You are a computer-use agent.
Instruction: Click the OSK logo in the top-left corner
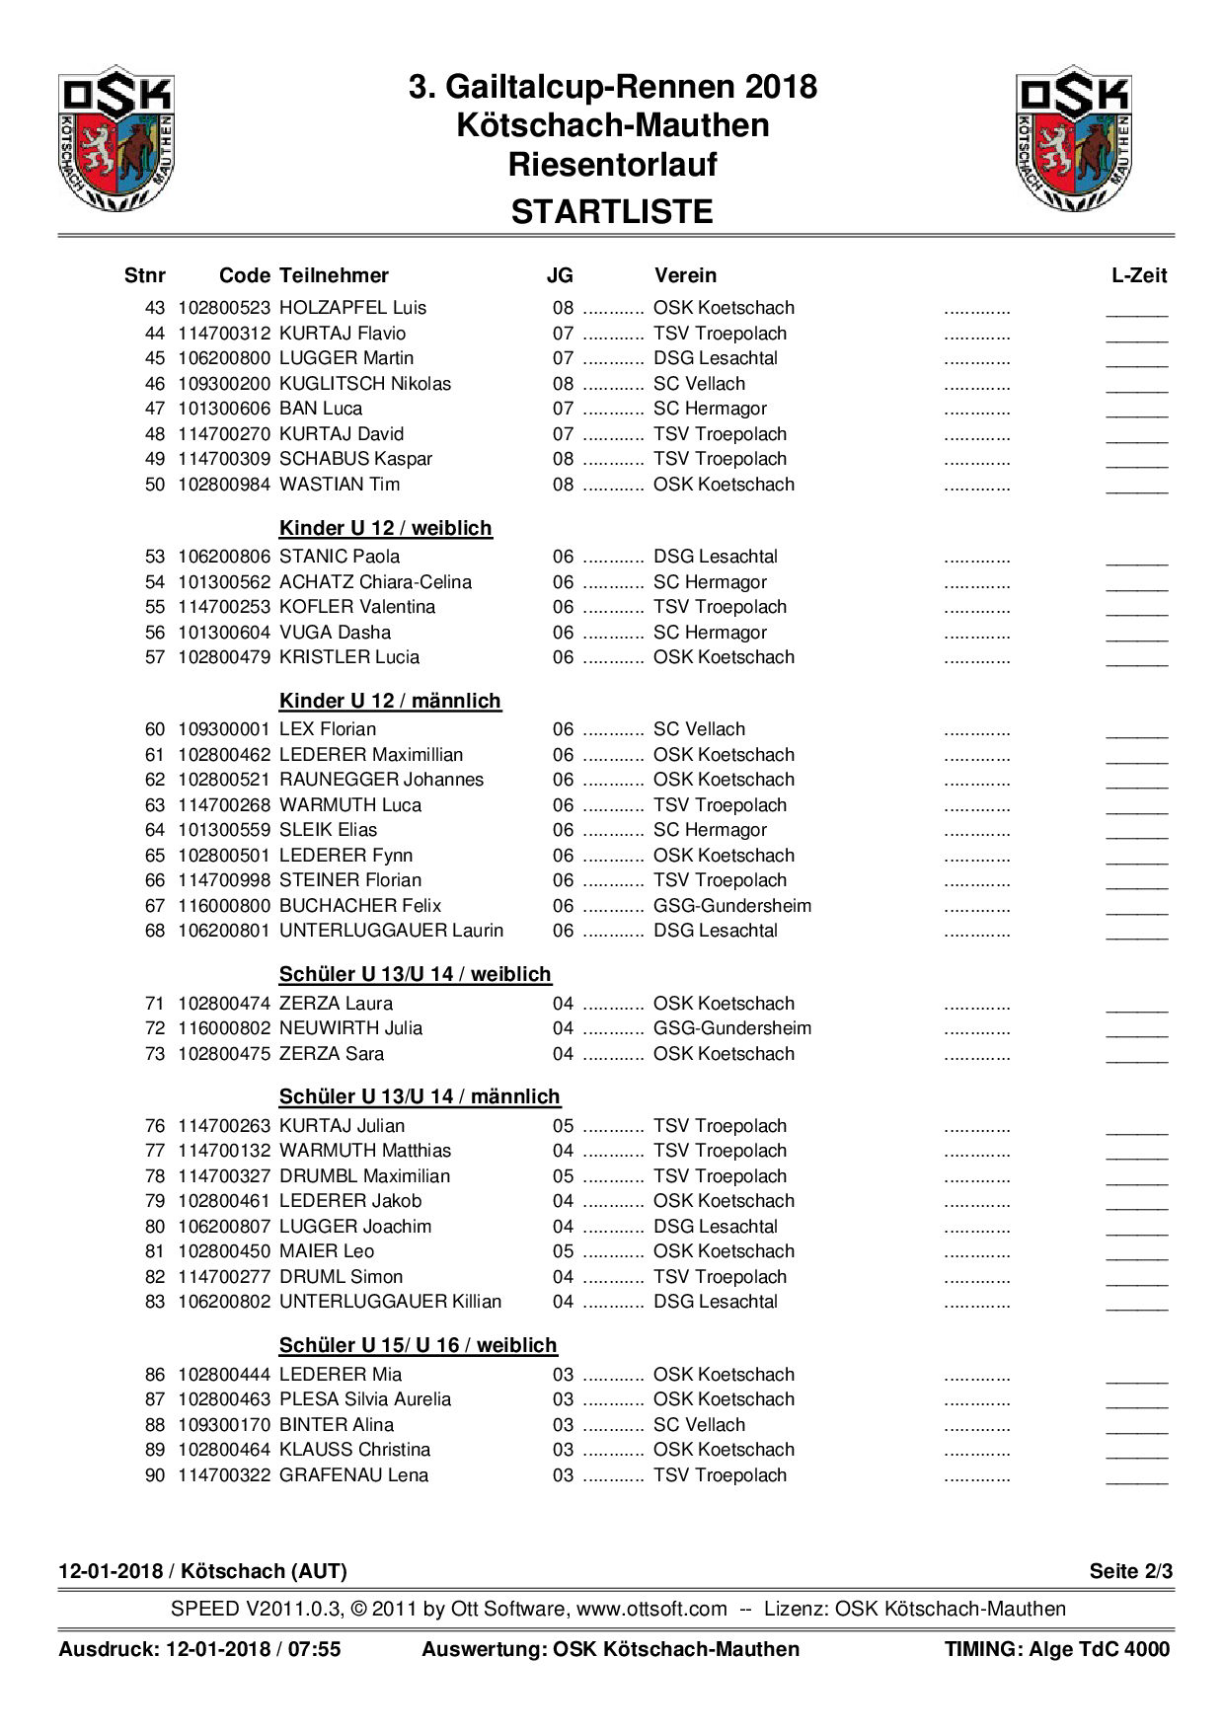[x=116, y=138]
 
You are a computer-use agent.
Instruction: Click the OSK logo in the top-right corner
[x=1073, y=138]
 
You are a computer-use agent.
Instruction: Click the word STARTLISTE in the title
[x=612, y=212]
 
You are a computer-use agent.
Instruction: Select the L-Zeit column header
[x=1139, y=276]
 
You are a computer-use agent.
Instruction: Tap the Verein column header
[x=685, y=276]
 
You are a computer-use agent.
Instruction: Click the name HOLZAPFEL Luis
[x=352, y=308]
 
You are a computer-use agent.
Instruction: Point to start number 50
[x=155, y=485]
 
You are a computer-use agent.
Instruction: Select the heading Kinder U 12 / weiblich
[x=385, y=528]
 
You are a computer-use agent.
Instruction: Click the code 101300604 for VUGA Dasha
[x=224, y=633]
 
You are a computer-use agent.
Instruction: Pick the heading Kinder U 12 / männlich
[x=390, y=701]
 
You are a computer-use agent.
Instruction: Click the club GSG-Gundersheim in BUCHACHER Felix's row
[x=732, y=906]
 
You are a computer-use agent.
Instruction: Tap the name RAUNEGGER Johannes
[x=381, y=780]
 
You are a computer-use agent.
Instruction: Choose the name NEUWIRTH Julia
[x=350, y=1028]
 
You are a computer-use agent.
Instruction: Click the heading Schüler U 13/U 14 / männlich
[x=420, y=1096]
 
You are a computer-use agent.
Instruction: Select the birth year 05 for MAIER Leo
[x=563, y=1251]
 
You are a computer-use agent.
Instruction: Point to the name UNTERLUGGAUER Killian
[x=390, y=1302]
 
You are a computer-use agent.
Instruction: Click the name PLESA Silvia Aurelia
[x=365, y=1399]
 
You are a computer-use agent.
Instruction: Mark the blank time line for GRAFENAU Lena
[x=1137, y=1480]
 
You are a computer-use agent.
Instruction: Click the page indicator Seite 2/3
[x=1130, y=1571]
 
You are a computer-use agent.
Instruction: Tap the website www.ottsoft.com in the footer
[x=651, y=1609]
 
